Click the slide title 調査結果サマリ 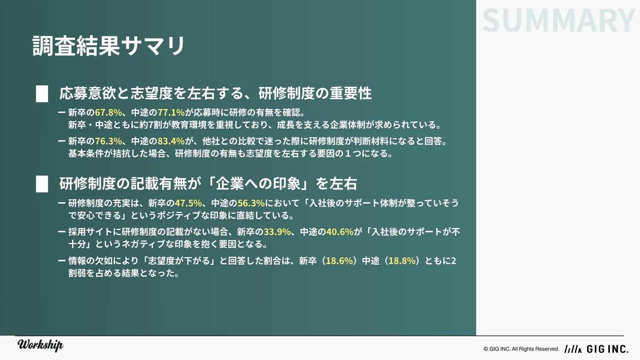coord(109,46)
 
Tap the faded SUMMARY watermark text coord(559,21)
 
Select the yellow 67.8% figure coord(108,112)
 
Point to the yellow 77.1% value coord(171,112)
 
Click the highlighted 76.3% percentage coord(108,141)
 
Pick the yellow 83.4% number coord(171,141)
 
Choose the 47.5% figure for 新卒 coord(188,203)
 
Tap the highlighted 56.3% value coord(251,203)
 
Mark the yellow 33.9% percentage coord(277,232)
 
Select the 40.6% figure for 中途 coord(340,232)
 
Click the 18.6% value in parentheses coord(339,261)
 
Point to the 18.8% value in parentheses coord(402,261)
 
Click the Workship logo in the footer coord(40,345)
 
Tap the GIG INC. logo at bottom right coord(597,349)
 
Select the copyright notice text coord(521,349)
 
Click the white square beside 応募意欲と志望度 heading coord(42,94)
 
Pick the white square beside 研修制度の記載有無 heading coord(42,184)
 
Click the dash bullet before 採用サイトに coord(61,232)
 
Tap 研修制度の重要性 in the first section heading coord(315,93)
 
